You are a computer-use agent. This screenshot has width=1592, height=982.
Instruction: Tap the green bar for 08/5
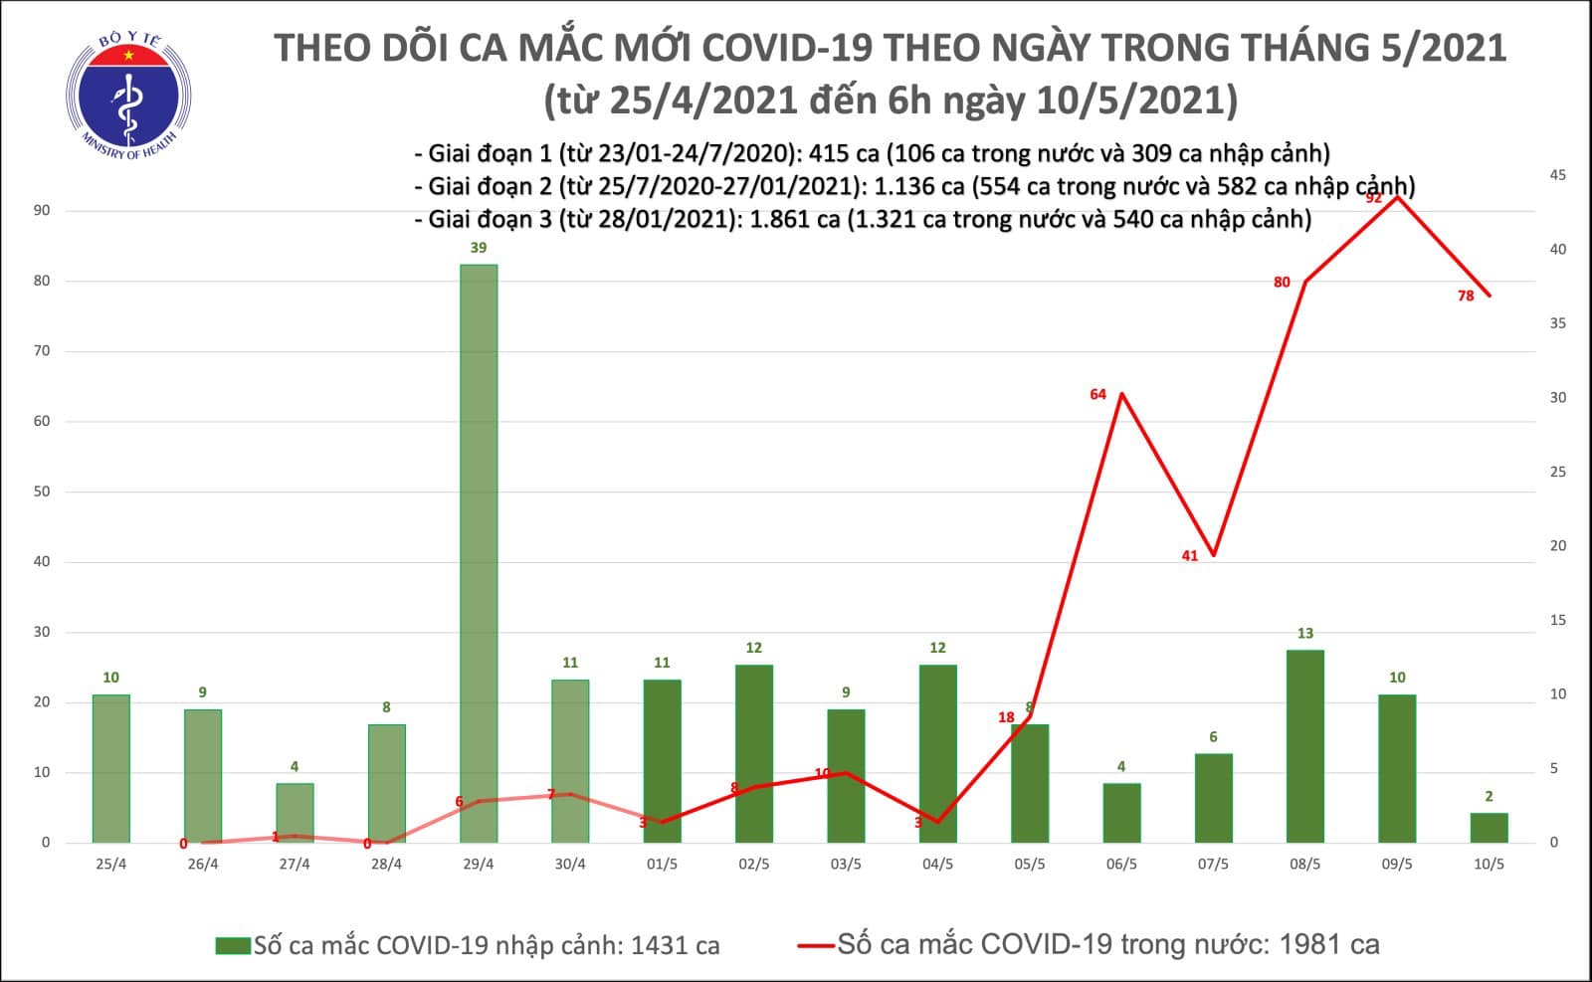[1304, 746]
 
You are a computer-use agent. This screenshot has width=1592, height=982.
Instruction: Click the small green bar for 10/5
[1489, 828]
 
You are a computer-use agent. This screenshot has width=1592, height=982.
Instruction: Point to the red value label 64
[1097, 395]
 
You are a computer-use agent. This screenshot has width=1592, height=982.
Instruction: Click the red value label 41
[1189, 556]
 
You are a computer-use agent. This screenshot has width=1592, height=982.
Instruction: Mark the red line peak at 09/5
[1398, 197]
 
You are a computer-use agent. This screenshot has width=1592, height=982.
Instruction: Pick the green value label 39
[478, 248]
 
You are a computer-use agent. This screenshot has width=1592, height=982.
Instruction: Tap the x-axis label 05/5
[1029, 865]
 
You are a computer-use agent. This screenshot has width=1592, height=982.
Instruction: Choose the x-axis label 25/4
[110, 865]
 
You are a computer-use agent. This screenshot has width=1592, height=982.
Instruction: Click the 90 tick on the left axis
[42, 211]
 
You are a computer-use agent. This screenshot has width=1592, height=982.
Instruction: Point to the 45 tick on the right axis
[1557, 175]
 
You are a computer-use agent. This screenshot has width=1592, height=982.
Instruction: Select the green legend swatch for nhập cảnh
[232, 945]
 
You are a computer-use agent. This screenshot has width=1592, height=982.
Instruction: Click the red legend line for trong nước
[815, 945]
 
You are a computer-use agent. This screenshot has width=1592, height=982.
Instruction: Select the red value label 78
[1465, 295]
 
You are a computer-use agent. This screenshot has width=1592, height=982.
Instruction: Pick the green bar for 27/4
[295, 813]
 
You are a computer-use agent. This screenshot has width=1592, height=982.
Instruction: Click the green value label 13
[1304, 633]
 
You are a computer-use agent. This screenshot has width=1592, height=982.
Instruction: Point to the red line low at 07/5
[1213, 555]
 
